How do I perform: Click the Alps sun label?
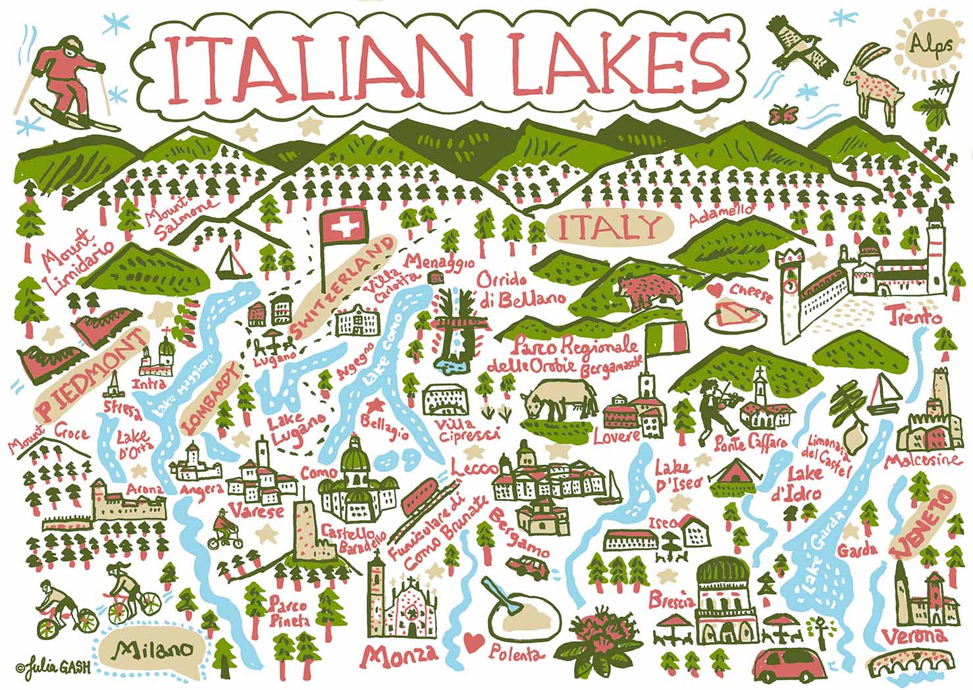pyautogui.click(x=925, y=44)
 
